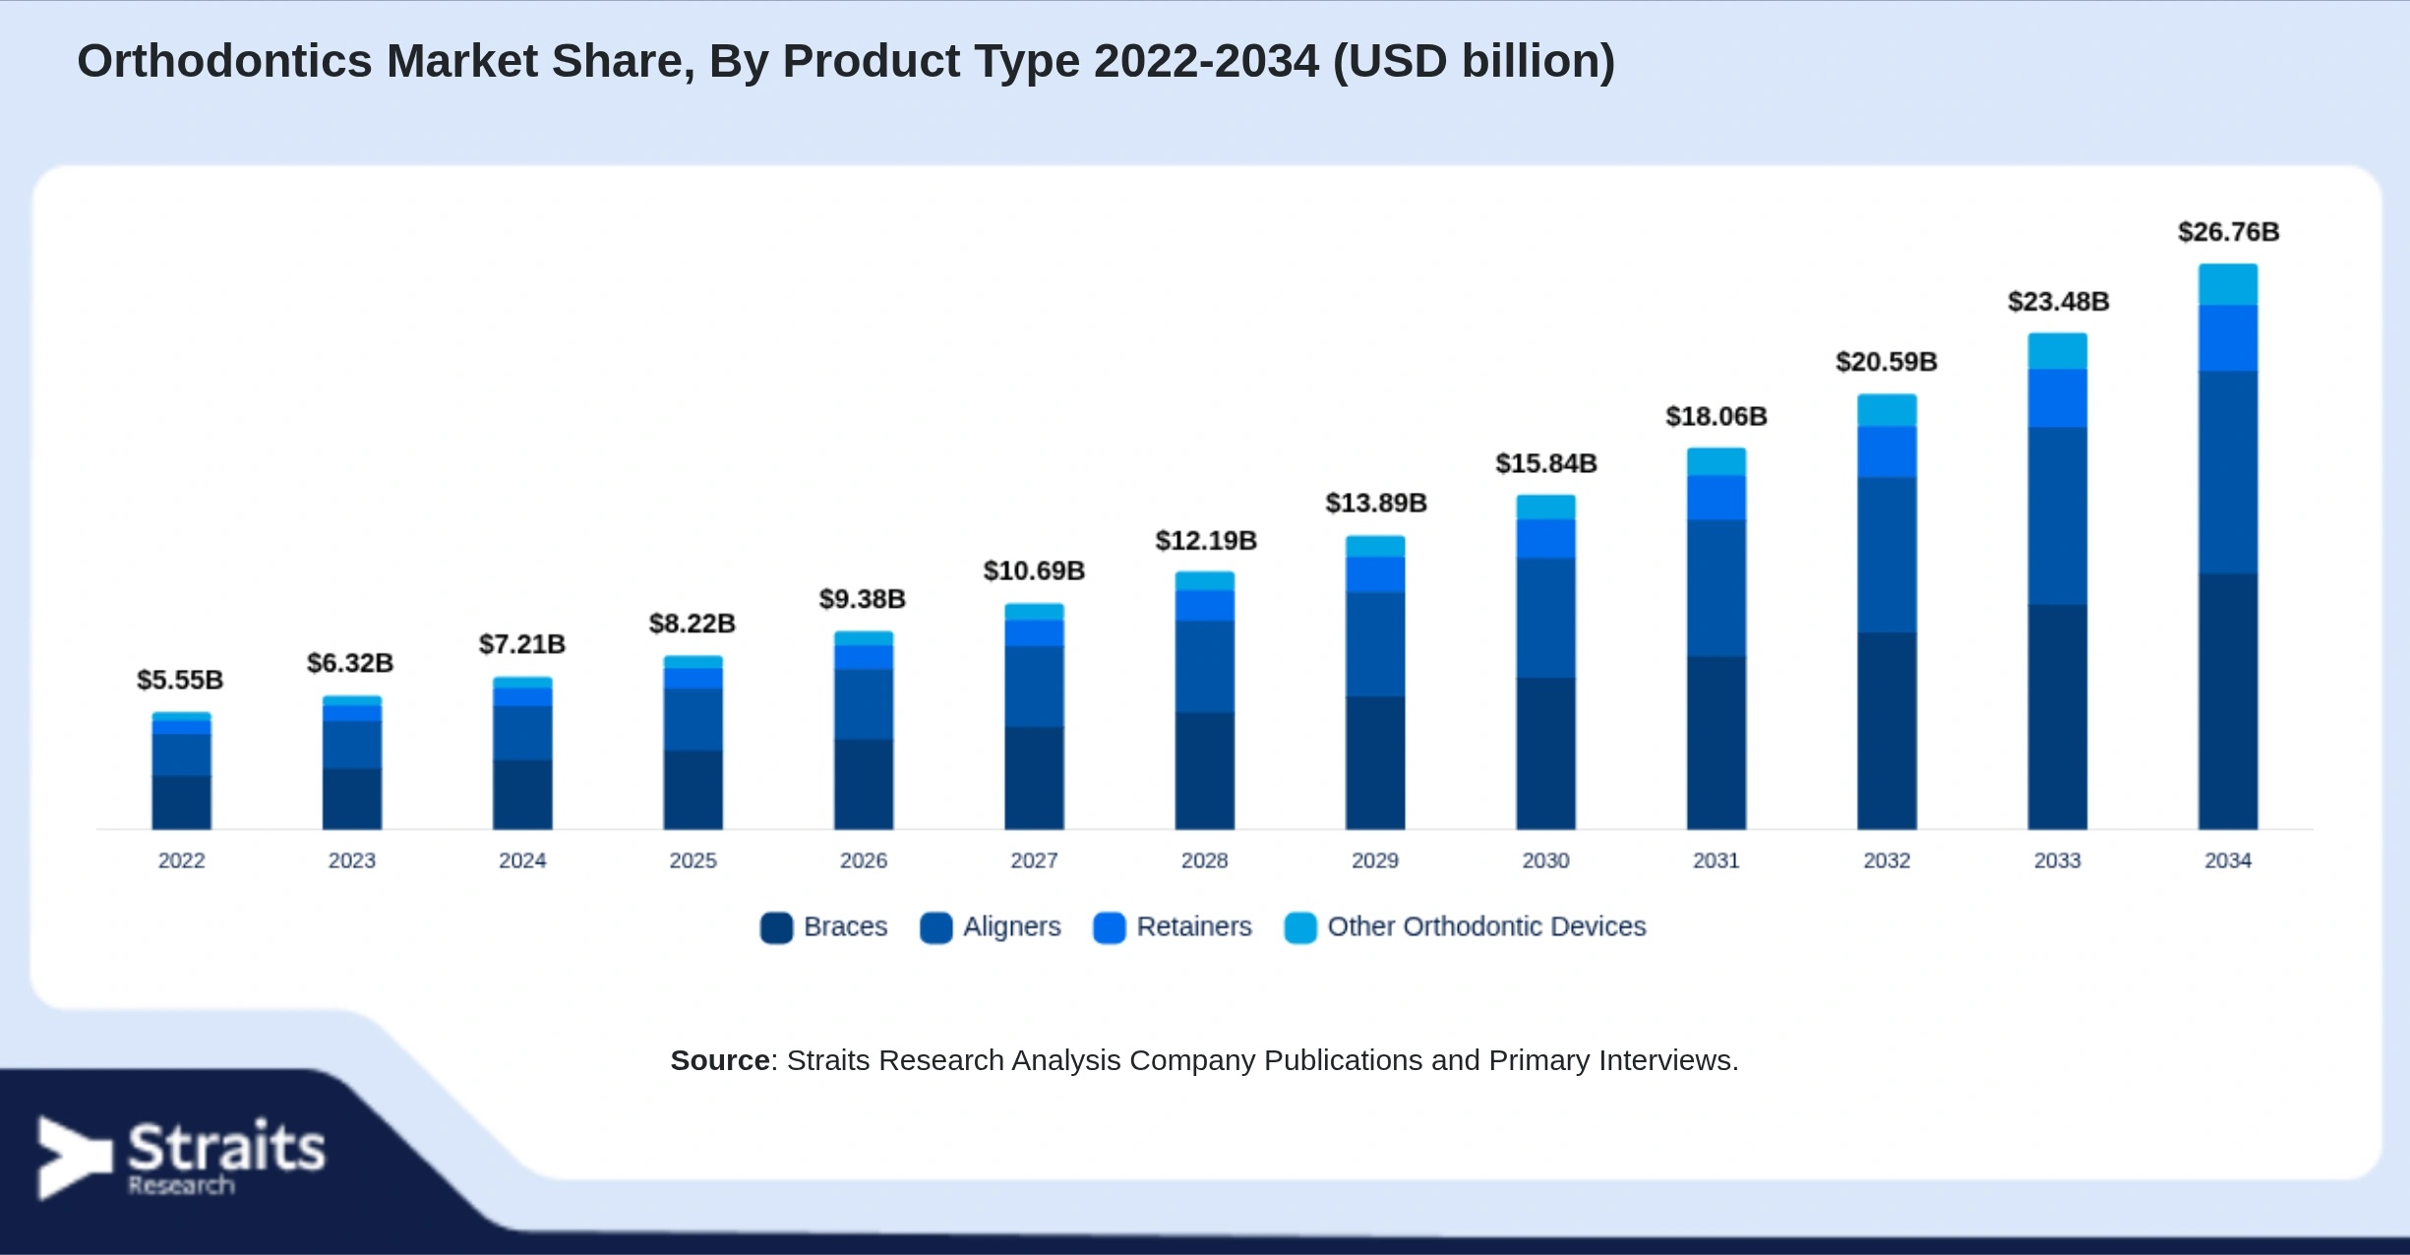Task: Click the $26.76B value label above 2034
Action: click(2228, 232)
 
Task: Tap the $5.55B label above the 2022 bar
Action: click(180, 680)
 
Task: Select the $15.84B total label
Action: click(1546, 463)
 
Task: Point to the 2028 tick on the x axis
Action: click(1205, 861)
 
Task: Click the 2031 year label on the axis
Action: click(1717, 861)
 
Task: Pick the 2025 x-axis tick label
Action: click(693, 861)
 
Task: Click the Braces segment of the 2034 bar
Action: click(2228, 701)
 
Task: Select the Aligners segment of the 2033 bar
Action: click(2058, 516)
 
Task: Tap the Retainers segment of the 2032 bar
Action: click(1887, 452)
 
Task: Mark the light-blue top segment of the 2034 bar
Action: click(2228, 284)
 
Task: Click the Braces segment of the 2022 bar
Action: click(181, 803)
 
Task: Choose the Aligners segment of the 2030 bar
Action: click(1546, 618)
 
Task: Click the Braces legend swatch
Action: click(776, 927)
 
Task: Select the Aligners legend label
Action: click(1012, 926)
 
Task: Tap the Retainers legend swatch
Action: click(1110, 927)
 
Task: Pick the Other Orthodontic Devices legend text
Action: click(1486, 926)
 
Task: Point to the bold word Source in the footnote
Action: click(720, 1060)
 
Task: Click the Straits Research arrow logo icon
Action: click(74, 1158)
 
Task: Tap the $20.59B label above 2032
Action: click(1887, 362)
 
